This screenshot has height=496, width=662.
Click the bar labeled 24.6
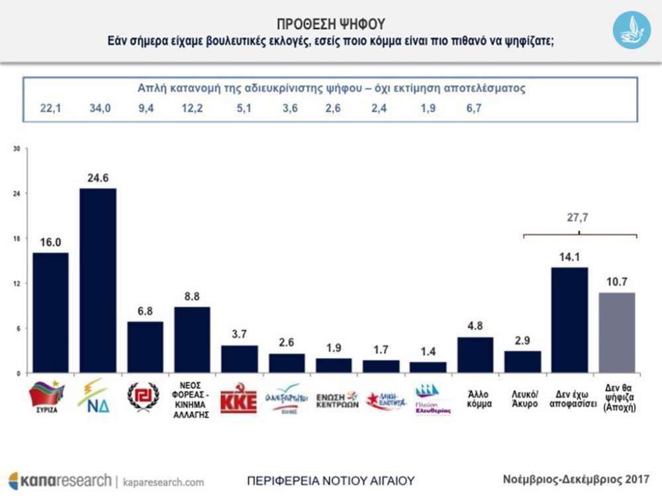pyautogui.click(x=97, y=280)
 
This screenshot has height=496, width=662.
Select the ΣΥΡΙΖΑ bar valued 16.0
pyautogui.click(x=50, y=312)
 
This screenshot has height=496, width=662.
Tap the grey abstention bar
pyautogui.click(x=616, y=332)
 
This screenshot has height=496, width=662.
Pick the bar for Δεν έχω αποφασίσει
pyautogui.click(x=569, y=319)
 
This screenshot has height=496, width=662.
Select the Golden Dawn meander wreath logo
pyautogui.click(x=144, y=397)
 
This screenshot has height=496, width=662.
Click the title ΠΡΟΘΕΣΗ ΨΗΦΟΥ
pyautogui.click(x=330, y=24)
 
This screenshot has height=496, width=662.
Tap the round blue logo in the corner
pyautogui.click(x=631, y=30)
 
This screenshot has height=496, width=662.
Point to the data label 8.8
pyautogui.click(x=192, y=297)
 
